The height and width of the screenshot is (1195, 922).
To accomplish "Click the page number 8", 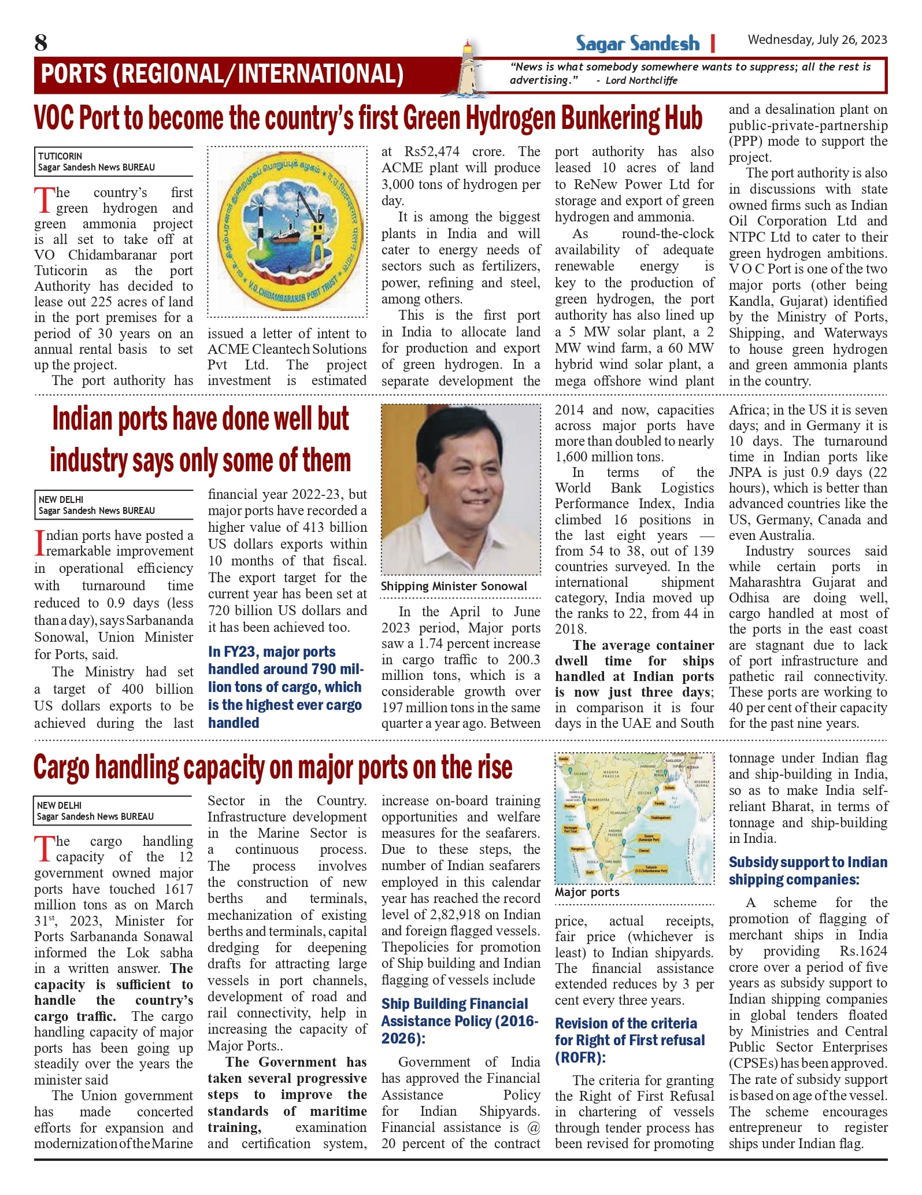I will pyautogui.click(x=40, y=43).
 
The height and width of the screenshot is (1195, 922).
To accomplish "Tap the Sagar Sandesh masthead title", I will pyautogui.click(x=637, y=43).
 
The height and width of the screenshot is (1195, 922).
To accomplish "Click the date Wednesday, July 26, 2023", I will pyautogui.click(x=817, y=40).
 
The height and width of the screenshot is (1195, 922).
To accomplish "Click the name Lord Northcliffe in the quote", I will pyautogui.click(x=641, y=80).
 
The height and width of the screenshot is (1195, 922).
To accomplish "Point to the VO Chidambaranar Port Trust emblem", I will pyautogui.click(x=287, y=232).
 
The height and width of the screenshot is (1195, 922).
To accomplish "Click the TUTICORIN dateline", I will pyautogui.click(x=60, y=156).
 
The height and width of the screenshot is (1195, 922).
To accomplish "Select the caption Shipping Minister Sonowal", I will pyautogui.click(x=454, y=586).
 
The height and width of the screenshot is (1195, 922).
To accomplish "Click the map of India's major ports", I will pyautogui.click(x=634, y=817).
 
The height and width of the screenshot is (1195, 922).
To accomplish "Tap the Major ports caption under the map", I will pyautogui.click(x=587, y=892).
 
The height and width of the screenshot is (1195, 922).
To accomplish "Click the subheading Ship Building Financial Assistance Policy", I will pyautogui.click(x=460, y=1020).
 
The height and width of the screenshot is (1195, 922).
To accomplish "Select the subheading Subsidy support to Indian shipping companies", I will pyautogui.click(x=808, y=871).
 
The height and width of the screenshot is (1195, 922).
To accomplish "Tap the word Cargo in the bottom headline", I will pyautogui.click(x=62, y=767).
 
